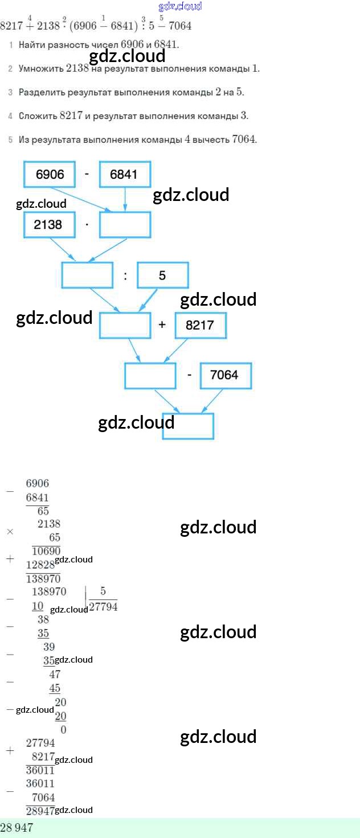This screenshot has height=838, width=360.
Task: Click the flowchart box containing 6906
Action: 50,174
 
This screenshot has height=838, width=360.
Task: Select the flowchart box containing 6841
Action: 124,174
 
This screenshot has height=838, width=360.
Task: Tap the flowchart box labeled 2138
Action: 50,224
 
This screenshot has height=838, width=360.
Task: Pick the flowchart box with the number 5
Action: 163,276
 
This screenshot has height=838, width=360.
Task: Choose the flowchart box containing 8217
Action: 200,325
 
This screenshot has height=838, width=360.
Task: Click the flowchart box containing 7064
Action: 225,375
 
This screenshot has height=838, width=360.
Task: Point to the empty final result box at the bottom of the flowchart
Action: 188,426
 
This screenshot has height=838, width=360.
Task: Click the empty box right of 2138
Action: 125,224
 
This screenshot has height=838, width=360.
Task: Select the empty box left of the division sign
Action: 87,276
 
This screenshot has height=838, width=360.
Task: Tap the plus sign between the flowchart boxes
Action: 162,325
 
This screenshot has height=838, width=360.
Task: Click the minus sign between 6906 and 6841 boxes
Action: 87,173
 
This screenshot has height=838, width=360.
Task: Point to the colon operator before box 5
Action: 125,276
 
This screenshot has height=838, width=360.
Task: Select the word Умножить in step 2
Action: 40,68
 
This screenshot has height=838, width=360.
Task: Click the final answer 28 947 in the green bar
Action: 17,828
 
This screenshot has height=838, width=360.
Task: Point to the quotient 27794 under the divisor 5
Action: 103,607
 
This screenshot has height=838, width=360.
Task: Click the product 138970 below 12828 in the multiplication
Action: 43,578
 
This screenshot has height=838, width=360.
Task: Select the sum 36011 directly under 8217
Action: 40,770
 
